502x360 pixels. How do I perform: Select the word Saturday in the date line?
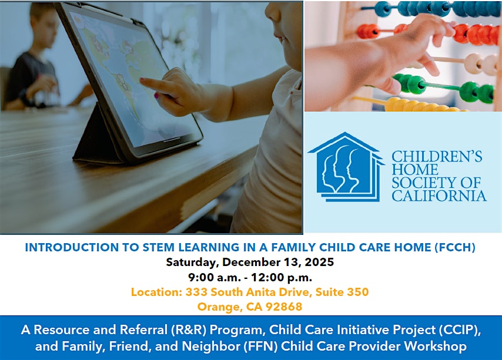pos(192,263)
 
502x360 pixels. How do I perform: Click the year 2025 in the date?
pos(319,262)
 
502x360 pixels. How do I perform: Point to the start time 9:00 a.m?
pos(214,277)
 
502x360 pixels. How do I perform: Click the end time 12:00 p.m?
pos(282,277)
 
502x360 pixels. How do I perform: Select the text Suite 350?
pos(342,292)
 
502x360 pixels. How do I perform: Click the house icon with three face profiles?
pos(346,167)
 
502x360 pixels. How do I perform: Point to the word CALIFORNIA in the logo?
pos(439,196)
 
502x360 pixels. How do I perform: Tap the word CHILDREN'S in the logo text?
pos(437,157)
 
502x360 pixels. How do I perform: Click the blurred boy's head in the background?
pos(41,26)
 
